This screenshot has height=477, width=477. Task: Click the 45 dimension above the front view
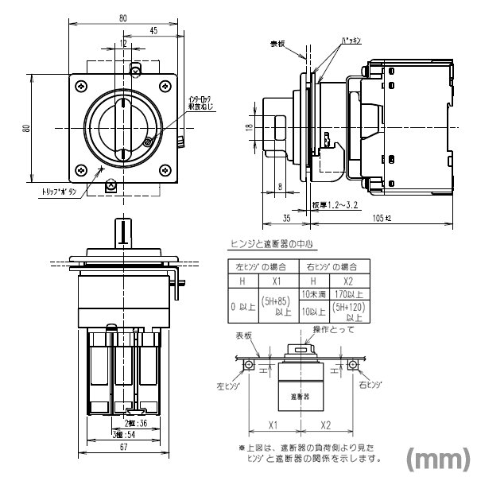point(152,31)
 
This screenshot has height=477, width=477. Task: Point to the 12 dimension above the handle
point(122,45)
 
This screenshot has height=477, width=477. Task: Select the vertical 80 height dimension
point(25,129)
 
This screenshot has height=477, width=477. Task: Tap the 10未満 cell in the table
point(312,295)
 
